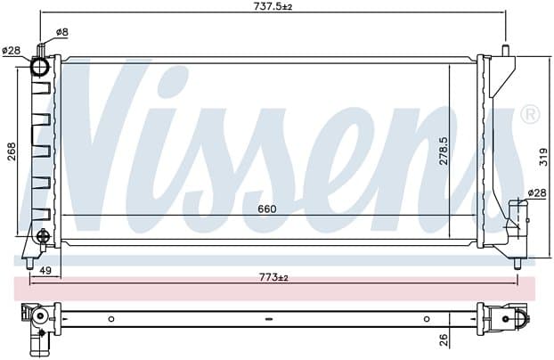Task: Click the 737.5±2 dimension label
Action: point(273,6)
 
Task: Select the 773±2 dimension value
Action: point(273,278)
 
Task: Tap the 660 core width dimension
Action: point(266,209)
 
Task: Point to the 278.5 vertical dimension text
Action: point(443,151)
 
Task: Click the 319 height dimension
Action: point(544,157)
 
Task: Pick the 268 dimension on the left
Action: point(12,151)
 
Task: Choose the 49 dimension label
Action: point(45,271)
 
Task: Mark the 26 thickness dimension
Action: point(444,340)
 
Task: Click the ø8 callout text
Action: point(61,32)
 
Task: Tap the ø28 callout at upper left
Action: point(12,51)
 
